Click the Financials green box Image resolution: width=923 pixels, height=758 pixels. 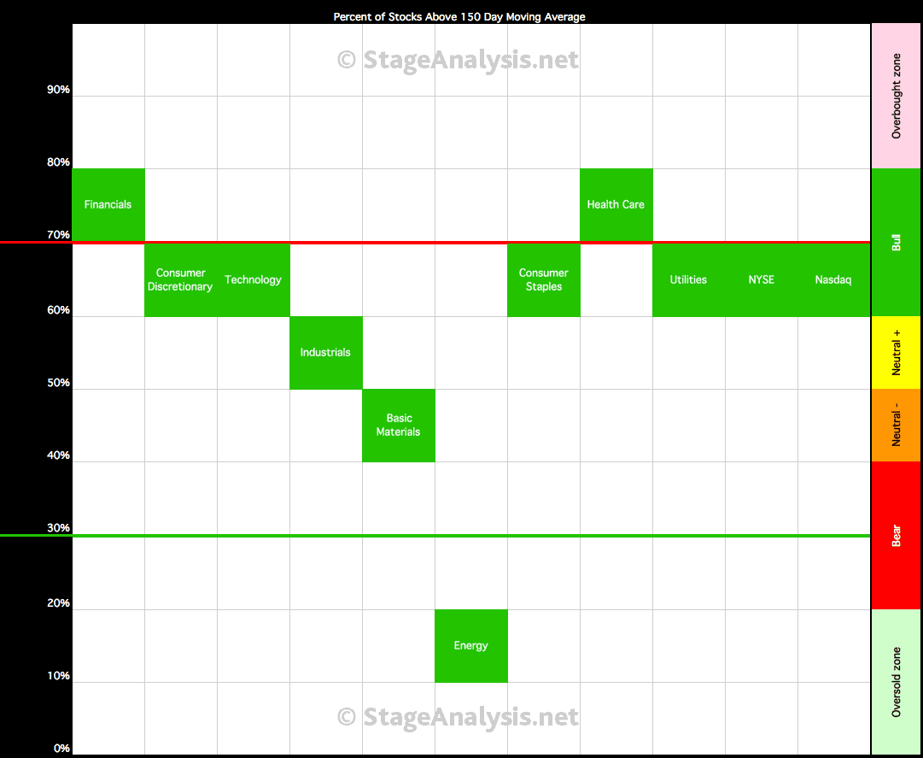108,205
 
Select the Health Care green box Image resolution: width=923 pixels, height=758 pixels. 616,205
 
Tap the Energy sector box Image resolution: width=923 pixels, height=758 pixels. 471,646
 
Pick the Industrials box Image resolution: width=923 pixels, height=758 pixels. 326,353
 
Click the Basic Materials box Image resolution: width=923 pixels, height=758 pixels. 399,426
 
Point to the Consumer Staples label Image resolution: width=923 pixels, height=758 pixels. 543,279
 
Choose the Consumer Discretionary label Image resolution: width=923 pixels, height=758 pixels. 180,279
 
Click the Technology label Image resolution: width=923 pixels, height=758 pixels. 253,279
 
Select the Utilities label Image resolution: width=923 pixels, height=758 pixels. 688,279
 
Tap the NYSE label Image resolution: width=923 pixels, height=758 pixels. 761,279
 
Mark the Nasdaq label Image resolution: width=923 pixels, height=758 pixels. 833,279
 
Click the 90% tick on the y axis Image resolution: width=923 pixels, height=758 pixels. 58,90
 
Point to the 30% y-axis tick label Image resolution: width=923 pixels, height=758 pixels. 58,528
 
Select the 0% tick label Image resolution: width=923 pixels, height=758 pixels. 61,749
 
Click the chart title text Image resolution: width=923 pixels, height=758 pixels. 459,17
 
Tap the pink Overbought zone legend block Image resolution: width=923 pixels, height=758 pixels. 897,96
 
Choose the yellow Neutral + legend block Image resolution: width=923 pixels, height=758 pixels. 897,353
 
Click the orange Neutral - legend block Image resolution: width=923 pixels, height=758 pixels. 897,426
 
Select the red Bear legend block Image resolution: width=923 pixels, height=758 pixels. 897,535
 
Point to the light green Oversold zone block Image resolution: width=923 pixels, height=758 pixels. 897,682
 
